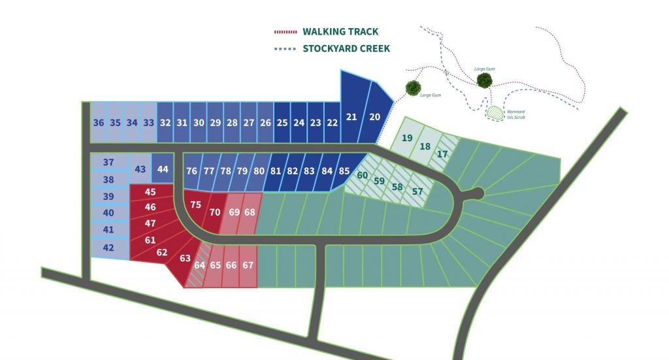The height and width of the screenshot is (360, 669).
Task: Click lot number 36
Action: coord(99,123)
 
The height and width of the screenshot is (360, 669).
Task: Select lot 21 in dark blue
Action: coord(351,116)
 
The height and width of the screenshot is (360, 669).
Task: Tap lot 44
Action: coord(163,169)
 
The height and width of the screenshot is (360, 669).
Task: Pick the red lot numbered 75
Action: coord(195,205)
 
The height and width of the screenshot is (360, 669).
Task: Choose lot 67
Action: coord(248,265)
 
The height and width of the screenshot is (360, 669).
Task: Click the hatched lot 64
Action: coord(200,266)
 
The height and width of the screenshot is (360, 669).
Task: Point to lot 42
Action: coord(108,248)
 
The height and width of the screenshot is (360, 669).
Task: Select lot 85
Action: coord(344,171)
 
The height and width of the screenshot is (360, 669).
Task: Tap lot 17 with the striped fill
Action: coord(442,155)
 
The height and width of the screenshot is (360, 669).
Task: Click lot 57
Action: coord(417,191)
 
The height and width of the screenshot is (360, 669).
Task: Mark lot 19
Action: coord(407,138)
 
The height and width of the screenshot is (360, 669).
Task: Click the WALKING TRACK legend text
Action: coord(340,31)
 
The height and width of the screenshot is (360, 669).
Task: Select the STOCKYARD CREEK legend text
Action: coord(346,48)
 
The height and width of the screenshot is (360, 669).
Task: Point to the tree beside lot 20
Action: coord(412,88)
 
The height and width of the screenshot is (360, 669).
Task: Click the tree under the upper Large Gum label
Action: coord(484,80)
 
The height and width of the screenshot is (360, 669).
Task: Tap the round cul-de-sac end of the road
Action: coord(477,193)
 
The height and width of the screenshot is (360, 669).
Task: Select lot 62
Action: coord(162,253)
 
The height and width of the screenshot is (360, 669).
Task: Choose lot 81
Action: coord(276,171)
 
